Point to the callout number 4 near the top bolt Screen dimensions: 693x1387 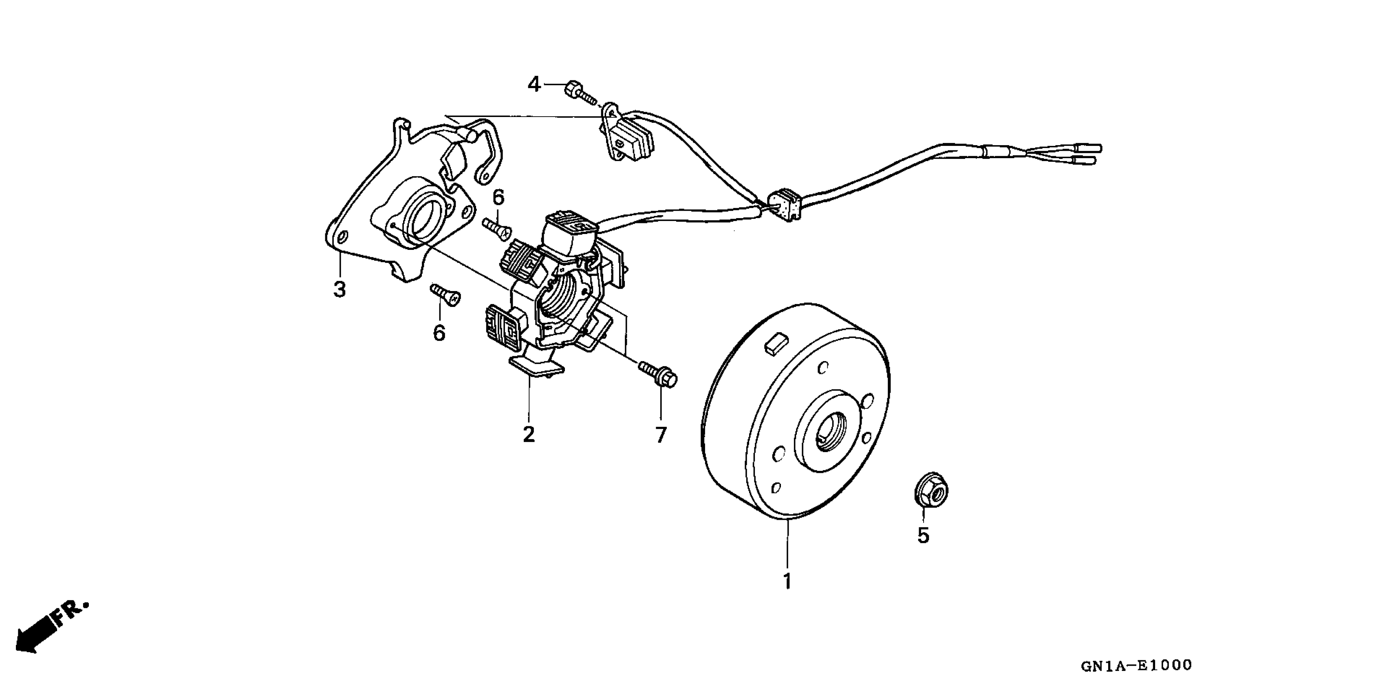click(534, 84)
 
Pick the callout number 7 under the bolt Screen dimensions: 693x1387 click(661, 435)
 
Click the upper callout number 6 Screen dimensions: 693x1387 click(498, 198)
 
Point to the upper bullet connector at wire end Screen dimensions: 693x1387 click(1088, 148)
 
